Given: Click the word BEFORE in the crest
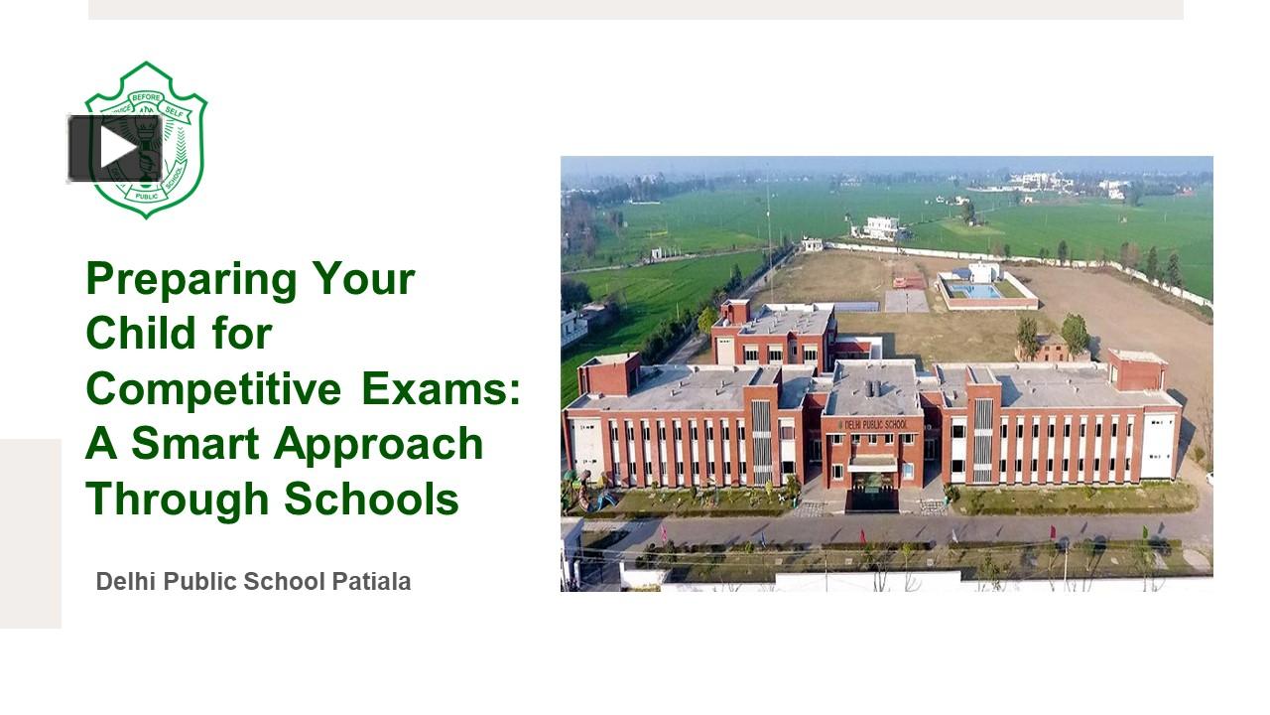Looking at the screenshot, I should pos(145,97).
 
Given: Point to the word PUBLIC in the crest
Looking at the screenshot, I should pos(147,196).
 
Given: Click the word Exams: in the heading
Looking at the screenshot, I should pos(442,387).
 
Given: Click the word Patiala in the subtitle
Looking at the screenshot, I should pos(372,581).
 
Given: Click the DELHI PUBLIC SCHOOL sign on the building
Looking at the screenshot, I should pos(873,424).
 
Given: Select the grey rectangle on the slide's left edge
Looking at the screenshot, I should pos(30,533).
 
